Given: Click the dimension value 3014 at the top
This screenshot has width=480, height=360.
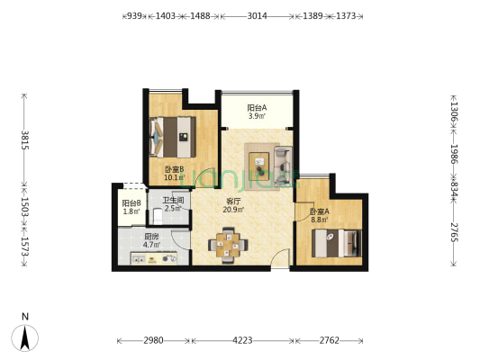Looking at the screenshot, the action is (x=257, y=16).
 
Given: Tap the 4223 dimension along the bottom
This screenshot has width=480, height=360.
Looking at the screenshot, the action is (x=242, y=340).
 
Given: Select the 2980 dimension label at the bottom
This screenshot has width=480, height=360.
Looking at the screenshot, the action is (x=153, y=340).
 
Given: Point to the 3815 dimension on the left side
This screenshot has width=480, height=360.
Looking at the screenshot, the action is (x=25, y=139).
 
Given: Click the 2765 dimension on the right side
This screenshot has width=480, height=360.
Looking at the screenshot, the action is (x=454, y=232).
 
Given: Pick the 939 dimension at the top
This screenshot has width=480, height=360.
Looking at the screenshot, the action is (x=134, y=16).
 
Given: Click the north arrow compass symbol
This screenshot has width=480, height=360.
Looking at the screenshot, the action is (x=25, y=337).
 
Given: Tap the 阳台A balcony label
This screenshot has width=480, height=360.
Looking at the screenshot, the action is (x=257, y=108).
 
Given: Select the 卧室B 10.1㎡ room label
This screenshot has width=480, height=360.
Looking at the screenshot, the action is (x=175, y=173).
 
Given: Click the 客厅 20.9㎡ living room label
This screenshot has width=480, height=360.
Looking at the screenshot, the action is (x=233, y=205).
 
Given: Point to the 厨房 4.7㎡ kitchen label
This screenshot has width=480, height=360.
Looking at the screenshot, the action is (x=151, y=240).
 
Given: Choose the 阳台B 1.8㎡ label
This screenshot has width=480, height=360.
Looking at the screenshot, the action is (x=131, y=207).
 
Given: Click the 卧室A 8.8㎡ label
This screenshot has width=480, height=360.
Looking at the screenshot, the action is (x=320, y=215).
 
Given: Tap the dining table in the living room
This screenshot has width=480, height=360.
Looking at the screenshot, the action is (x=228, y=245).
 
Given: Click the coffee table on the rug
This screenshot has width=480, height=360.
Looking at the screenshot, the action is (x=259, y=166).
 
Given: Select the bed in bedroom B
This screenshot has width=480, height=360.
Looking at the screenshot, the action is (x=173, y=137).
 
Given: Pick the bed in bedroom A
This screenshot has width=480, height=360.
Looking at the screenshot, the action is (x=337, y=243).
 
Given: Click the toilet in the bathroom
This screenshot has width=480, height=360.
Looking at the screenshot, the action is (x=158, y=215).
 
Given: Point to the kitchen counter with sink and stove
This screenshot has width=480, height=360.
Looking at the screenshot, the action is (x=154, y=258).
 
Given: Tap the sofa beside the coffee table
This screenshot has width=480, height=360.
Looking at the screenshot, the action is (x=283, y=166).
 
